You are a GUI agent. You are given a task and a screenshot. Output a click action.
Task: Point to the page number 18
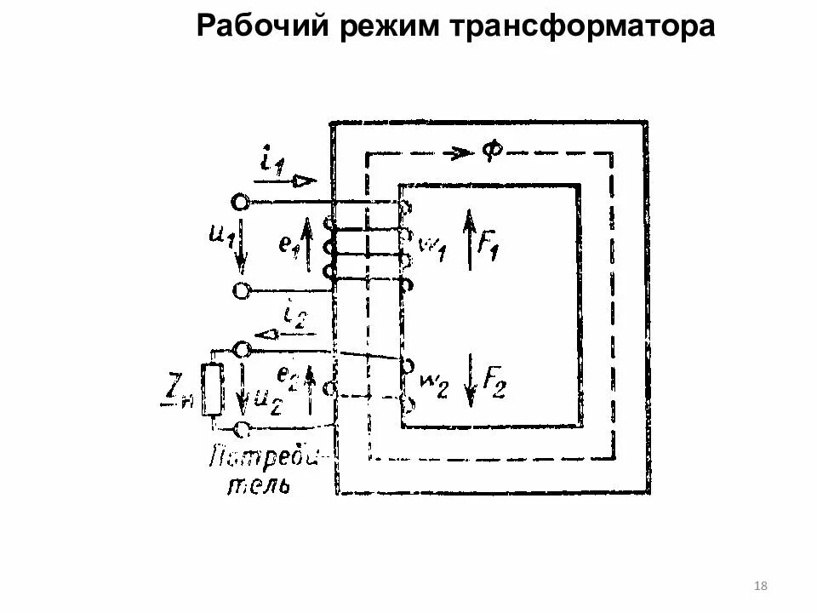tap(761, 585)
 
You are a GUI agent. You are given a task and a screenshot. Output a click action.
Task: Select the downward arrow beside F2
tap(468, 379)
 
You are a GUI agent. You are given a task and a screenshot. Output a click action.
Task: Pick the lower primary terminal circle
tap(241, 291)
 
